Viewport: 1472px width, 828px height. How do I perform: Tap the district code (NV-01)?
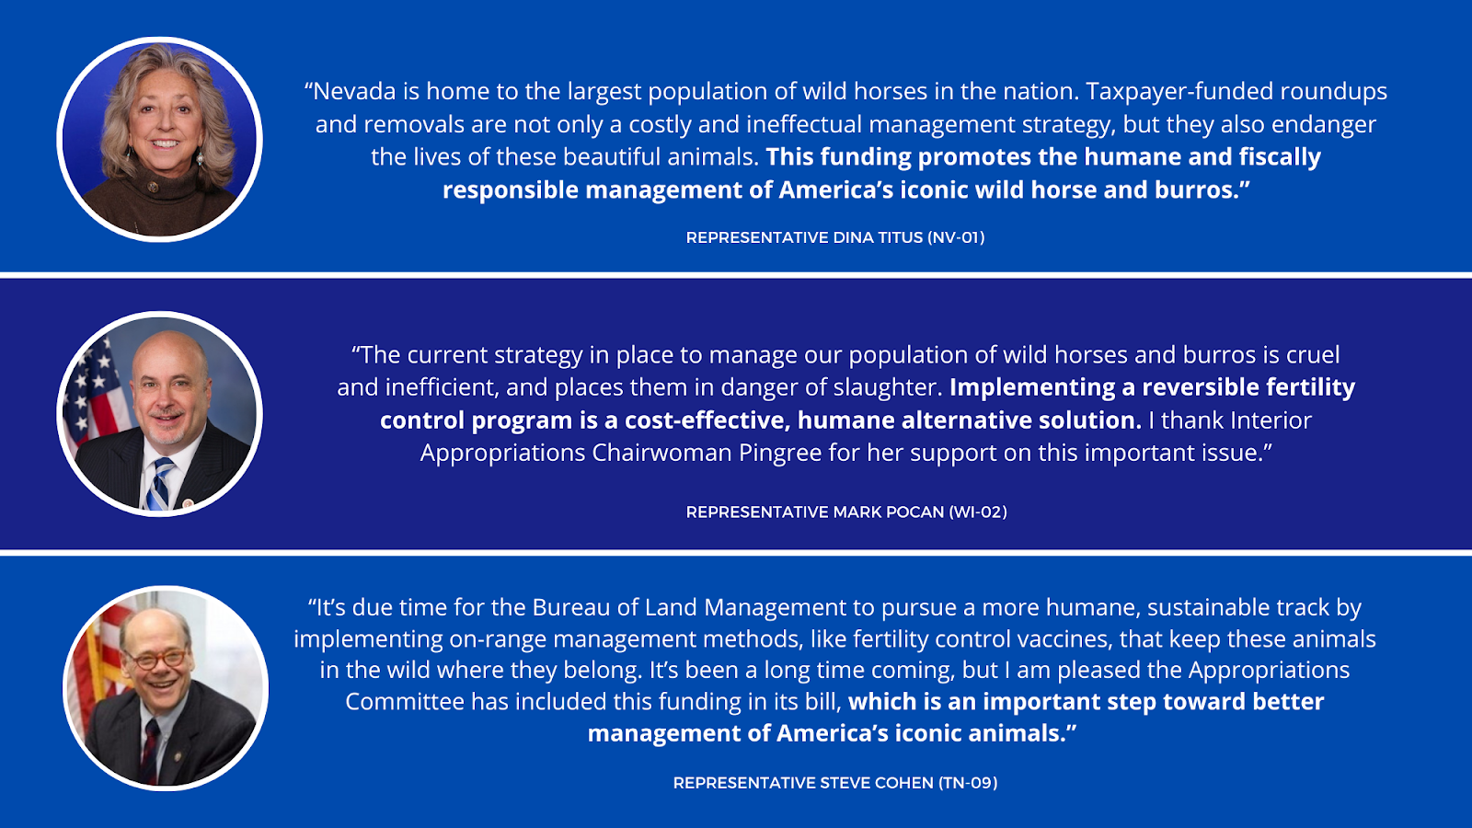point(956,237)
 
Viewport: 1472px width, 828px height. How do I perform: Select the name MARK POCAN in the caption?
point(889,512)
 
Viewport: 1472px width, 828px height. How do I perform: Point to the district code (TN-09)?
point(968,783)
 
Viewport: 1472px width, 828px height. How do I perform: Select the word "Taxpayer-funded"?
point(1179,91)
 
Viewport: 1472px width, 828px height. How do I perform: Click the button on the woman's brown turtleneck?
point(153,188)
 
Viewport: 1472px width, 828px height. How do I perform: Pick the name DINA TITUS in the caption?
point(878,237)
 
